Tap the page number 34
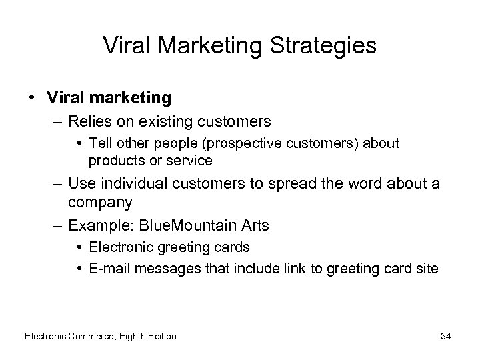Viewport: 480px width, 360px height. (x=445, y=336)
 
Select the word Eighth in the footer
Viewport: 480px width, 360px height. (x=132, y=336)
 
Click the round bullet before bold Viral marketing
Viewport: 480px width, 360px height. (x=32, y=97)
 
